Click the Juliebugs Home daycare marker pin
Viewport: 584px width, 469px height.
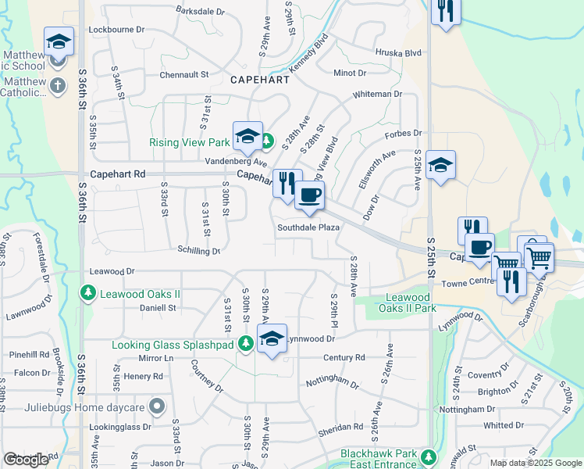click(x=157, y=406)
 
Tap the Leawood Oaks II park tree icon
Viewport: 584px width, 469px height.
click(x=88, y=293)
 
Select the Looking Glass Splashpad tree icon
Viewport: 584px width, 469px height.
click(x=246, y=343)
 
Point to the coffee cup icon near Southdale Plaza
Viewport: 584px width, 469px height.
click(x=309, y=195)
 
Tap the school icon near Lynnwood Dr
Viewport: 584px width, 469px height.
click(x=272, y=338)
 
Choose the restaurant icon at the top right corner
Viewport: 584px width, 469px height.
click(x=446, y=10)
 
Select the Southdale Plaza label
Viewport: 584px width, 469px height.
click(x=308, y=227)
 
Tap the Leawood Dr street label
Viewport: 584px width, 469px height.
click(x=112, y=271)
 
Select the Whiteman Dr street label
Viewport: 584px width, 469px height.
click(x=377, y=94)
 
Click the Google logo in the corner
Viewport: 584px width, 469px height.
click(x=26, y=460)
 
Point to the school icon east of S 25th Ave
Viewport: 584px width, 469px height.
click(x=440, y=165)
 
